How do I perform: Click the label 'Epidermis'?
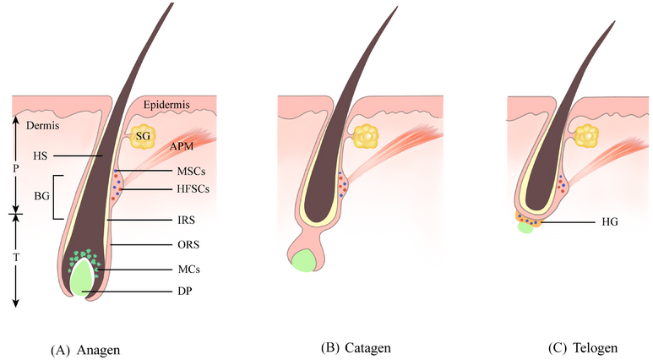coord(166,105)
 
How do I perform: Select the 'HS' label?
coord(41,156)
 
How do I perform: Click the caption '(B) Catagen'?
coord(356,347)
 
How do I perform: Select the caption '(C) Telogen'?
coord(582,347)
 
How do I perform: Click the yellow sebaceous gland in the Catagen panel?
coord(366,134)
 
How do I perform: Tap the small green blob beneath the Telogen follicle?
coord(525,229)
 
